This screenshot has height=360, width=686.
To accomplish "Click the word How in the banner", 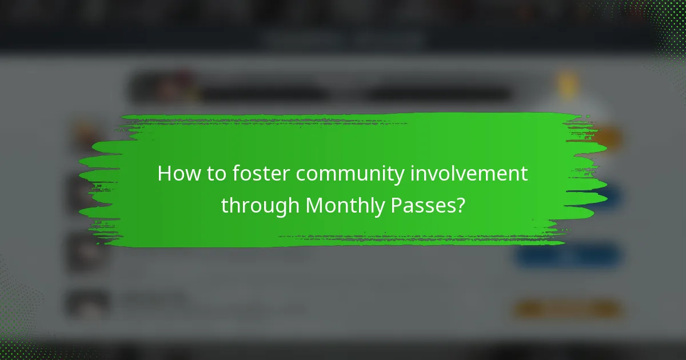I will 176,174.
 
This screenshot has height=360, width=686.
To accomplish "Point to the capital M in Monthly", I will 314,205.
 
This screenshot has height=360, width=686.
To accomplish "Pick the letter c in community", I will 301,175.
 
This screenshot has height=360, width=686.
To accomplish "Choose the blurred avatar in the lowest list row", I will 87,303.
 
